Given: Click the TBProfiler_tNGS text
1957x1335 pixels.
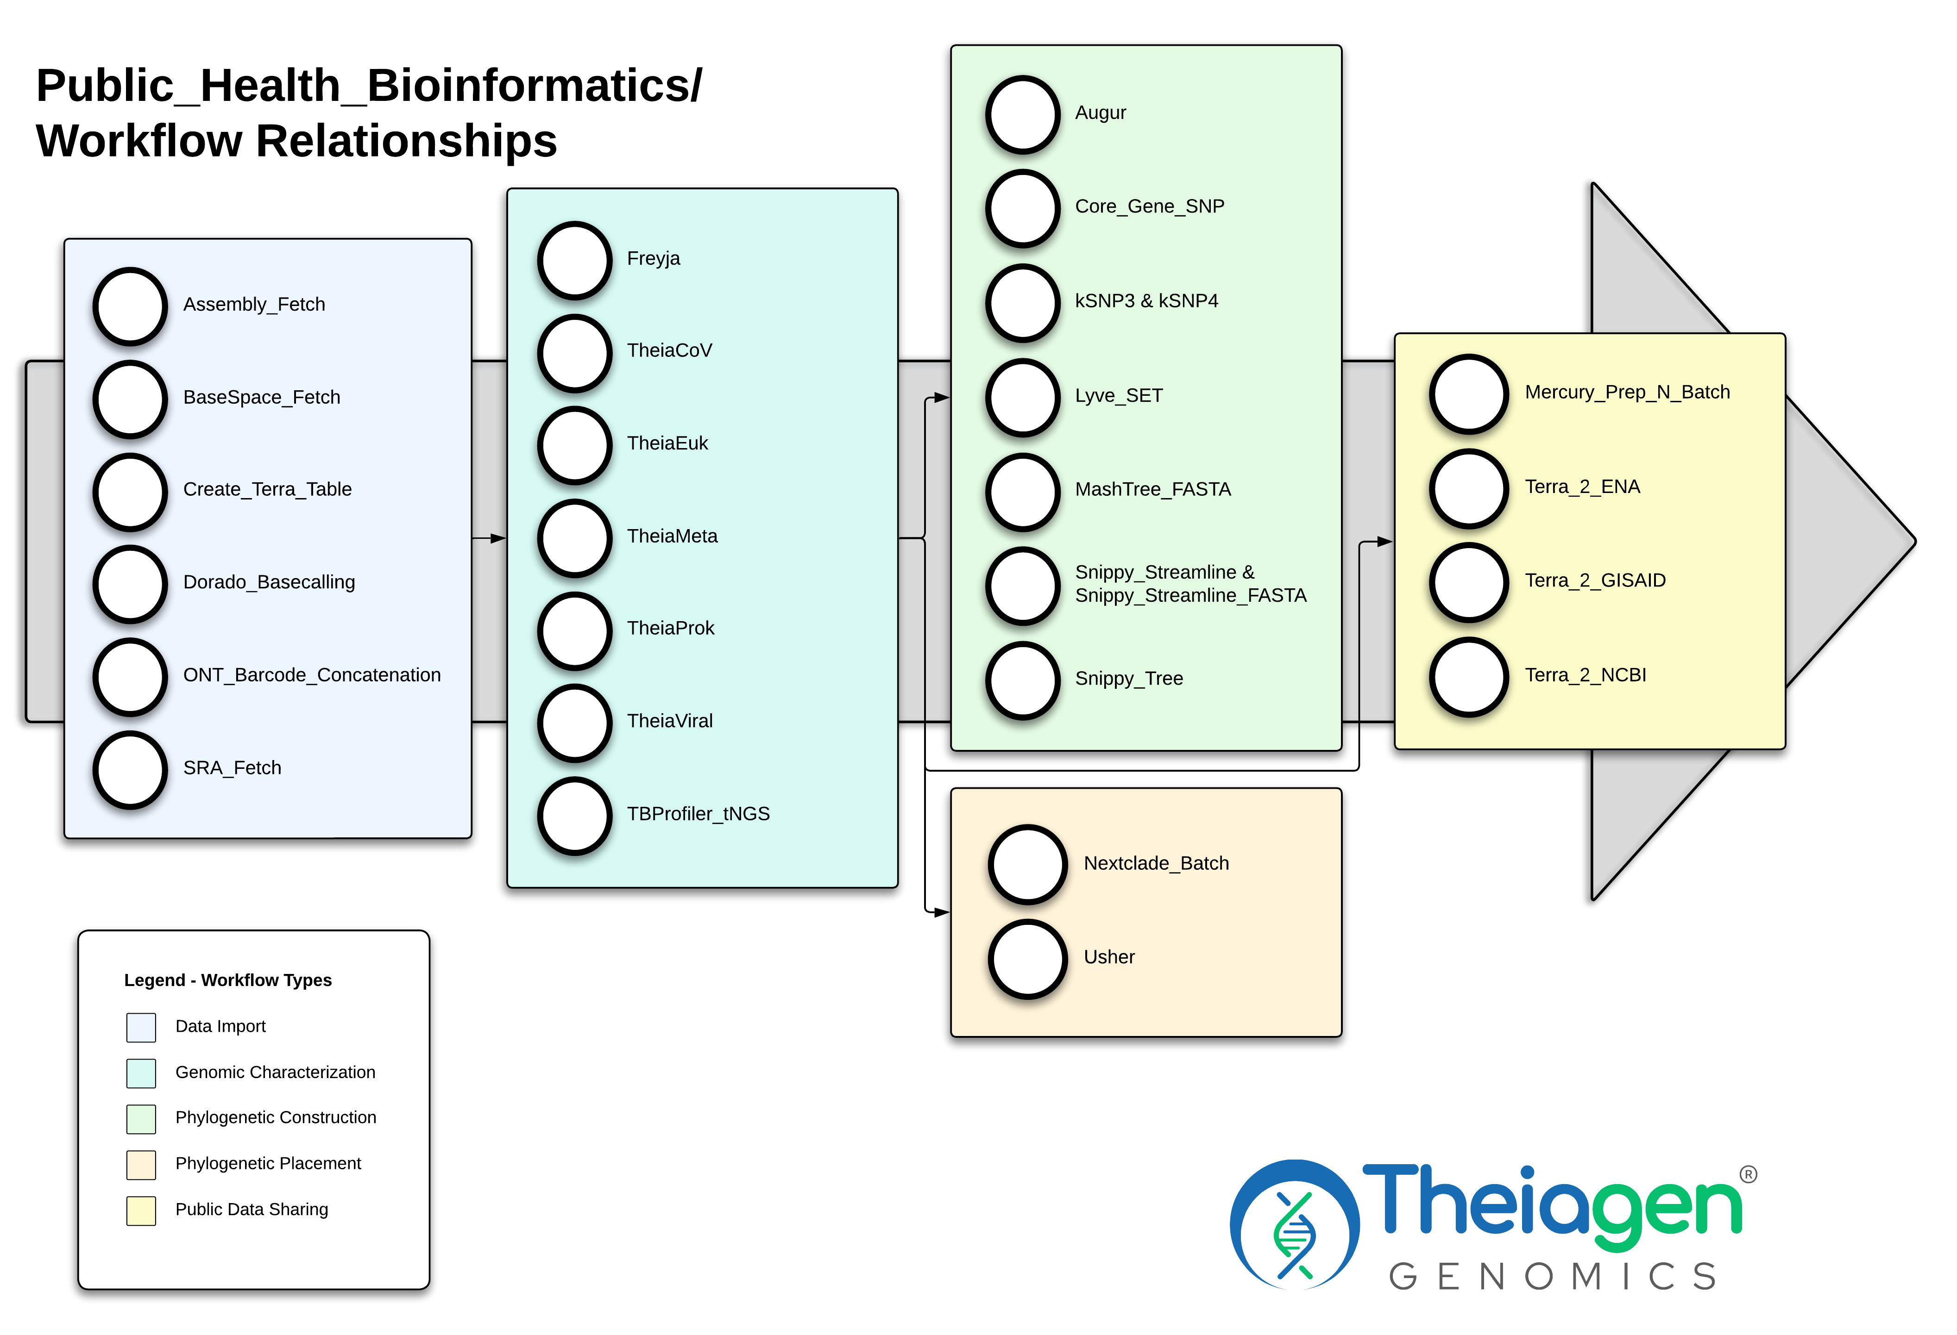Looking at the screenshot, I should pyautogui.click(x=698, y=814).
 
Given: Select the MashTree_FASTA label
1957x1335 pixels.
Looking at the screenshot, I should pyautogui.click(x=1153, y=490).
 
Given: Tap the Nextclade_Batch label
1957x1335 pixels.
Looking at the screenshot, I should pyautogui.click(x=1156, y=864).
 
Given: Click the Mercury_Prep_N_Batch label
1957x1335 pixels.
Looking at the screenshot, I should pyautogui.click(x=1627, y=392).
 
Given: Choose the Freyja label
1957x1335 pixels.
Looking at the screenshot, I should pyautogui.click(x=654, y=258).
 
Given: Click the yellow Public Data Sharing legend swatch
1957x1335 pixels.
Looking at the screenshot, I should pyautogui.click(x=141, y=1210).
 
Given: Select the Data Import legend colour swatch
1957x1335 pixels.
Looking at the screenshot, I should pyautogui.click(x=141, y=1027).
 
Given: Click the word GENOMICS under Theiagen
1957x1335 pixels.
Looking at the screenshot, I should pyautogui.click(x=1552, y=1277).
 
